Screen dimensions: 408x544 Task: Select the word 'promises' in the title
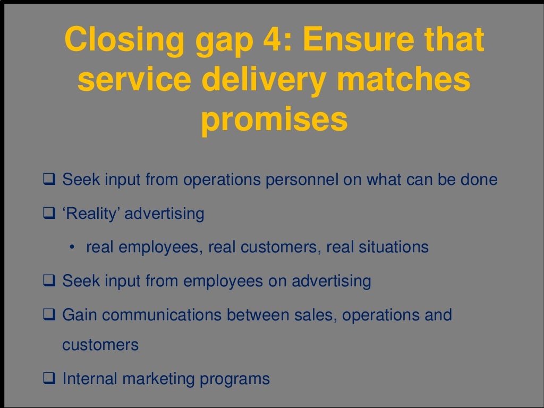coord(274,121)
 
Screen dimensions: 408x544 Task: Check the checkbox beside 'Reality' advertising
coord(49,214)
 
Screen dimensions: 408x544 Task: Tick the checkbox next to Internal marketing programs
coord(49,379)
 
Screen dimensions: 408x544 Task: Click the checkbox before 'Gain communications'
coord(49,314)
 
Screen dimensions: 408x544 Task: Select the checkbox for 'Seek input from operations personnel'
coord(49,180)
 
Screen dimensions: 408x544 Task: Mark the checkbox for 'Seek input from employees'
coord(49,280)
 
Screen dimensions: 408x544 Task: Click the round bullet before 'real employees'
coord(71,248)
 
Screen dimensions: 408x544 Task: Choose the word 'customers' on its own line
coord(100,345)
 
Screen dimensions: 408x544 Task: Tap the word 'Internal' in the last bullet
coord(90,379)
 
